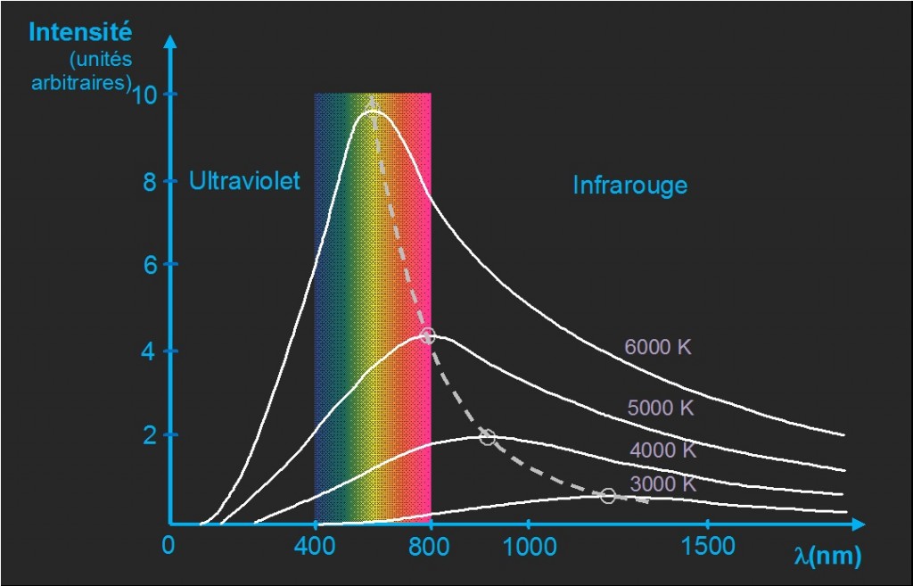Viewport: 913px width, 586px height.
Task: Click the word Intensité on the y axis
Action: coord(80,32)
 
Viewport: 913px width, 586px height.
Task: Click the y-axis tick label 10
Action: coord(146,95)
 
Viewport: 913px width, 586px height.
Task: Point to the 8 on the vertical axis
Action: coord(149,183)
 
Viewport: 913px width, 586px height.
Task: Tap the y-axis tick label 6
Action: coord(149,266)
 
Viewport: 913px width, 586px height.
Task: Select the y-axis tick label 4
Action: coord(149,352)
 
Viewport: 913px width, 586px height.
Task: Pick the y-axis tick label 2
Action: coord(149,436)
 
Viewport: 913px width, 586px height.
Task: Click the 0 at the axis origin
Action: coord(168,545)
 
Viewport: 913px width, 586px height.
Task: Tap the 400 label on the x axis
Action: coord(314,546)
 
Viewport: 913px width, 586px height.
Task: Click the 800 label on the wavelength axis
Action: coord(431,546)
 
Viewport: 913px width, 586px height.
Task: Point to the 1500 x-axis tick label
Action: coord(707,546)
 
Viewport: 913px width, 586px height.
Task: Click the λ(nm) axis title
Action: coord(827,557)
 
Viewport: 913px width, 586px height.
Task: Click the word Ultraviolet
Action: coord(244,181)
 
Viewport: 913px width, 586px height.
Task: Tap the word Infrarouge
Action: coord(629,186)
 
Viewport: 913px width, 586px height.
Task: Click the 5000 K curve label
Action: coord(661,409)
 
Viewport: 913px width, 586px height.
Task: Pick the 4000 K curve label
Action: coord(662,450)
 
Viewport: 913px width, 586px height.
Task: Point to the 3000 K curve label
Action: coord(662,484)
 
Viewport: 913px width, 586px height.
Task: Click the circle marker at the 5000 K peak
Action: coord(427,336)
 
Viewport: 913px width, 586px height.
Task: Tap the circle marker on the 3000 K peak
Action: coord(608,496)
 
